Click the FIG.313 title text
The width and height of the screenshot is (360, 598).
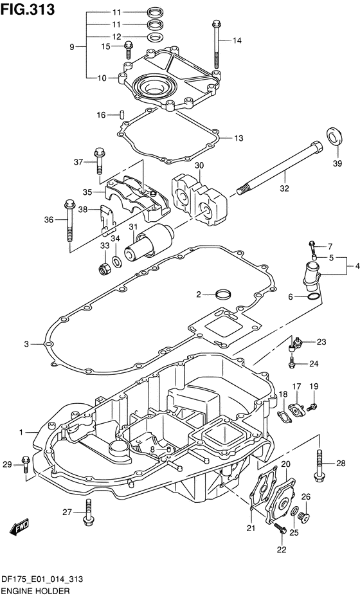pos(28,10)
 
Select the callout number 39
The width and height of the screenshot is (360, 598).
pos(337,164)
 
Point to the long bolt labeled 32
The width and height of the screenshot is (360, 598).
pos(279,168)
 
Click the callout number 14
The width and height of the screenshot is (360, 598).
pos(237,41)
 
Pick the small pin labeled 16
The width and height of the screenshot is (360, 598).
pos(122,114)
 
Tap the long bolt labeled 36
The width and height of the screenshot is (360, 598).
pos(70,221)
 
